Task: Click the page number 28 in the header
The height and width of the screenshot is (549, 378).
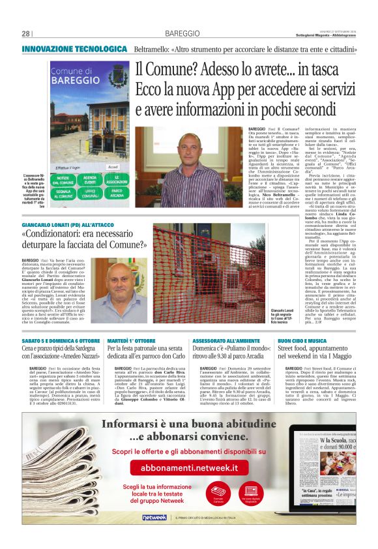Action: click(x=26, y=33)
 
